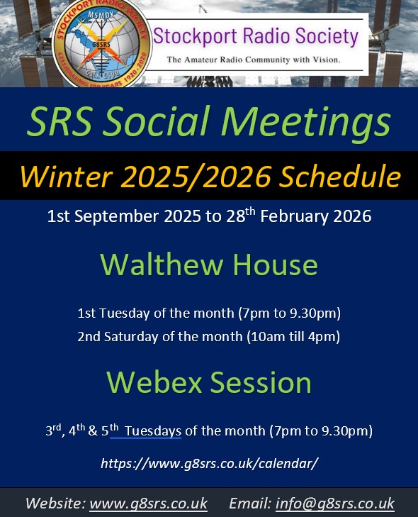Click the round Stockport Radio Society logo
point(102,43)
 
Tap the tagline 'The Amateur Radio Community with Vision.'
point(254,60)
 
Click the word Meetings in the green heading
point(306,123)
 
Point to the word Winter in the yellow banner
point(66,177)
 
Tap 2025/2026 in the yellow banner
point(196,177)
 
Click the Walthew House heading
point(209,265)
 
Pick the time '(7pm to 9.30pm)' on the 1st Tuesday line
point(290,313)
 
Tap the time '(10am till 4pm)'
point(293,337)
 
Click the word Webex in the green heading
point(154,382)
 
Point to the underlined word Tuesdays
point(153,431)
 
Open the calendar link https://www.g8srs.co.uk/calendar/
point(209,463)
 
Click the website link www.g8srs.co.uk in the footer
point(149,504)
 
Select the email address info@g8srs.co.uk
point(335,504)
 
